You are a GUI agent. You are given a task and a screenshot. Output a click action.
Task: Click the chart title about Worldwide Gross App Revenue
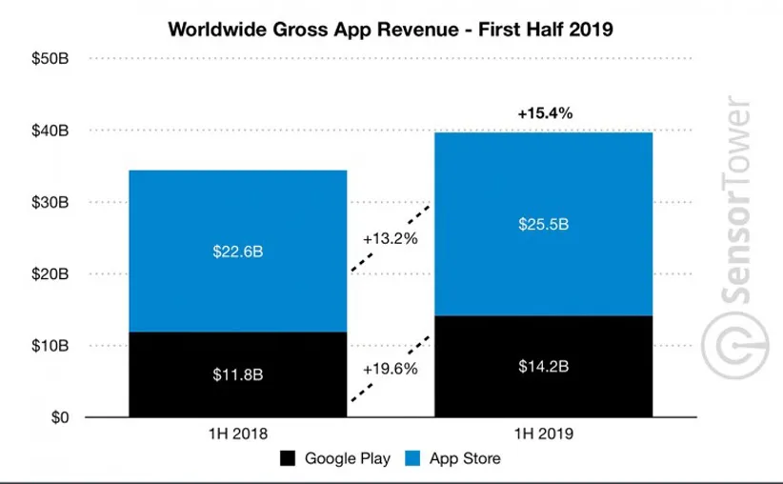click(391, 29)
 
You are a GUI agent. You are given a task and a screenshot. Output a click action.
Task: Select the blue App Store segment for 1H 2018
click(237, 286)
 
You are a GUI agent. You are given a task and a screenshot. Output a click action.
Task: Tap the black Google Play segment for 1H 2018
click(237, 391)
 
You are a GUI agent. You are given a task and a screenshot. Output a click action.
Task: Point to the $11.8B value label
click(237, 373)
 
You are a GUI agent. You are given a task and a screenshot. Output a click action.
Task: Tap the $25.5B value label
click(543, 225)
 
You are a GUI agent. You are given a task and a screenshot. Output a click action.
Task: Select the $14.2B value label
click(543, 367)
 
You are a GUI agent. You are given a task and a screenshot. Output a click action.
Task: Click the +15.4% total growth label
click(545, 113)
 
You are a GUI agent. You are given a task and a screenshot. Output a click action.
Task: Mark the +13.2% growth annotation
click(391, 238)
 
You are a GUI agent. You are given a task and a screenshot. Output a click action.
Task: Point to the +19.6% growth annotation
click(391, 367)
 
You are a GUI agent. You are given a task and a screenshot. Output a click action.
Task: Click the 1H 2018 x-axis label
click(237, 434)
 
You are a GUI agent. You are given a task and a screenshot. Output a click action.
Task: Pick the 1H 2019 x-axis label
click(543, 434)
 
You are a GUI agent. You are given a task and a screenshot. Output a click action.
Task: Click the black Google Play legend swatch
click(287, 458)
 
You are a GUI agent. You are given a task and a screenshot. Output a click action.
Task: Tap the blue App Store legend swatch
click(413, 458)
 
